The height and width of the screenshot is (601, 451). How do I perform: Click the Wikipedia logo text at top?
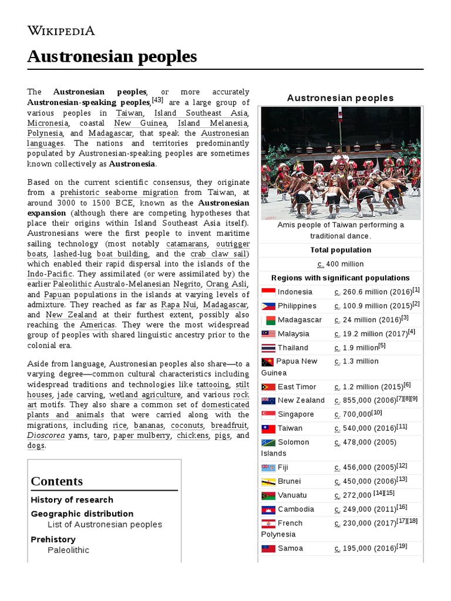coord(60,31)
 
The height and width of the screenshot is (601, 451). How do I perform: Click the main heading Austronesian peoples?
coord(112,57)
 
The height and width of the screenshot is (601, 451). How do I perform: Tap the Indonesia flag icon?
coord(268,292)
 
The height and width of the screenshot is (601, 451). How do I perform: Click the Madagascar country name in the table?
coord(299,320)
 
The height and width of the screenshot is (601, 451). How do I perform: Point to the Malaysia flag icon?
coord(268,334)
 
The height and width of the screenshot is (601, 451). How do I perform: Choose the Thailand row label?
coord(292,347)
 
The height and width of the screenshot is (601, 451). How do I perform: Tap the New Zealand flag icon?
coord(268,400)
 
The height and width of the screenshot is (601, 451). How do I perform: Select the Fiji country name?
coord(283,467)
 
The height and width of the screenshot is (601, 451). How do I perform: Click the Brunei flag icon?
coord(268,481)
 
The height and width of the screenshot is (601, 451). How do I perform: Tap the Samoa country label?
coord(290,548)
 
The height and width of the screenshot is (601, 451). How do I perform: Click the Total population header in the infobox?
coord(341,250)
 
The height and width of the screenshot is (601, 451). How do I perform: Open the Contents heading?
coord(57,481)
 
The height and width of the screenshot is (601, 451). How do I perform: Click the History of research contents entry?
coord(72,500)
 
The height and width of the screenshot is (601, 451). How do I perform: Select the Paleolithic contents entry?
coord(68,550)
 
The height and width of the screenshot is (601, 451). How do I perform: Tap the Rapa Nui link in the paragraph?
coord(179,305)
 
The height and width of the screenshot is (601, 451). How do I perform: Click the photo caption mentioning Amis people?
coord(341,230)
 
